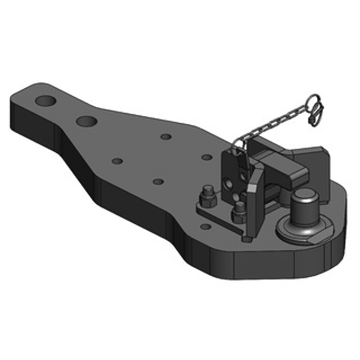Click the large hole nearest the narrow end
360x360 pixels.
tap(47, 101)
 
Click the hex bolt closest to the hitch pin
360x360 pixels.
tap(238, 210)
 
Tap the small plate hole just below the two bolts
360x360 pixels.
tap(205, 226)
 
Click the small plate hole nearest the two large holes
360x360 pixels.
tap(117, 161)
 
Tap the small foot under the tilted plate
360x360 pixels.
tap(245, 238)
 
